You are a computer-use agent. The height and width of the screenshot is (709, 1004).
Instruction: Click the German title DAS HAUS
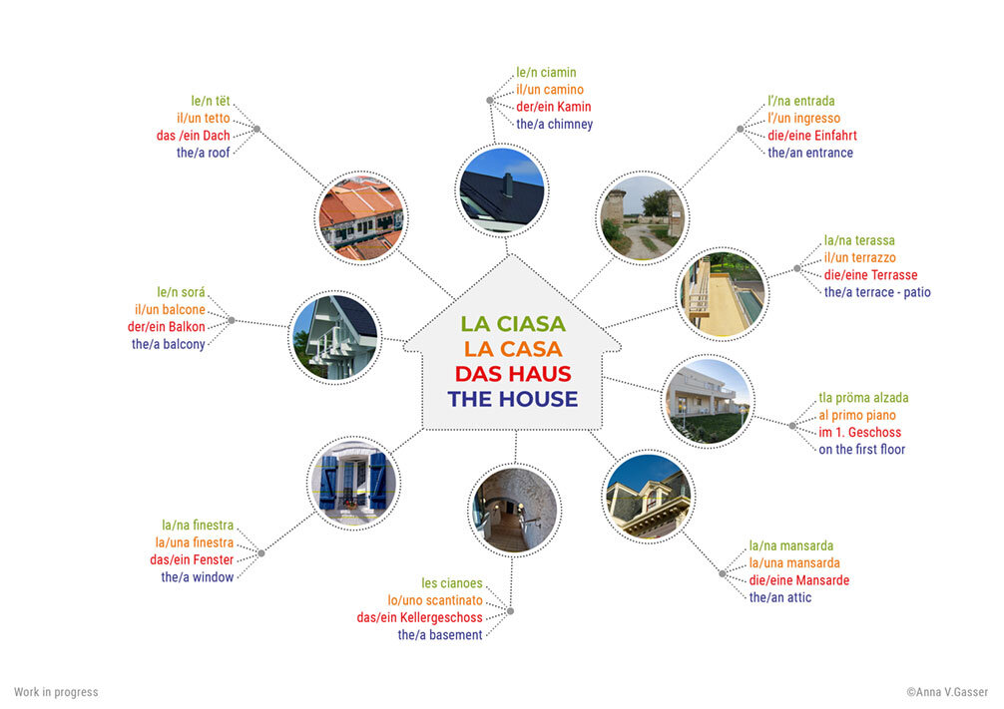513,374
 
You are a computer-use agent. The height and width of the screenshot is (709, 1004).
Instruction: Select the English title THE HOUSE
513,399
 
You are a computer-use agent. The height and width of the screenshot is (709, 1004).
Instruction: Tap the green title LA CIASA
513,324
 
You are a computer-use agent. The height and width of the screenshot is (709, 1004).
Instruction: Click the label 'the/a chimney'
554,125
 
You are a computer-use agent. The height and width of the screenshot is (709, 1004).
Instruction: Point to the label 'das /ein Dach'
194,136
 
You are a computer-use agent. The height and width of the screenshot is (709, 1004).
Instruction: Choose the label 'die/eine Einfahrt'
811,136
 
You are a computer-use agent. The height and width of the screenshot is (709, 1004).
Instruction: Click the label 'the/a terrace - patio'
876,292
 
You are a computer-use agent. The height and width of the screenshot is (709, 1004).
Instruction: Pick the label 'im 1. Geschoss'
859,433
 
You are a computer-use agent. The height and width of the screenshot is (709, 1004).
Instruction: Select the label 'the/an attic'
779,597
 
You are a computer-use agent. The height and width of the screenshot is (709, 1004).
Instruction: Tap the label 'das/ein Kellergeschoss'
419,617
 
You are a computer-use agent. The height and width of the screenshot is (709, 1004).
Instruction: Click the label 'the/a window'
198,577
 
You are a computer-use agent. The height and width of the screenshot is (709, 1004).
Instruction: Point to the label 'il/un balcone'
170,310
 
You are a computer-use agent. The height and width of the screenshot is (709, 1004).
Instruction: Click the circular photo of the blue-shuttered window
353,482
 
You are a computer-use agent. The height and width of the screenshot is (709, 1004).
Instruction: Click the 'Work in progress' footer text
56,692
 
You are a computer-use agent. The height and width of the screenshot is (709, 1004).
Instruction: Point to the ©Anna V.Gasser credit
947,692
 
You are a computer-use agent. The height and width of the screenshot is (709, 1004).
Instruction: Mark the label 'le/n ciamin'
546,73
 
